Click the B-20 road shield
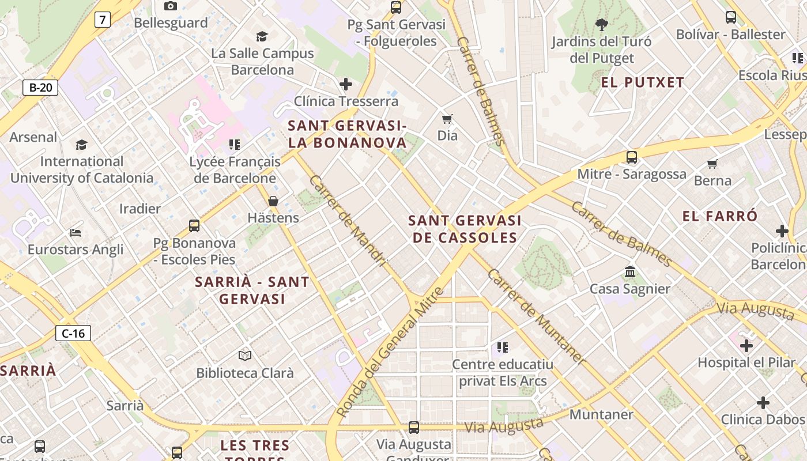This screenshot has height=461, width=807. click(40, 88)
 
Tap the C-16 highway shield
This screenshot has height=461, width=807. click(73, 332)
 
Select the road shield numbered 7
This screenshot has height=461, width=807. click(102, 20)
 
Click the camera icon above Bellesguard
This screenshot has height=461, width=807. click(171, 6)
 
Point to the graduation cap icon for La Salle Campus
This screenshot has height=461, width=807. click(262, 37)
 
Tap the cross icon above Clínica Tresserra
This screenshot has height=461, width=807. click(346, 84)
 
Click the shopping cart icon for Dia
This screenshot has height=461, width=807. click(447, 119)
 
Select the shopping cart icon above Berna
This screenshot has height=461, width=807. click(712, 164)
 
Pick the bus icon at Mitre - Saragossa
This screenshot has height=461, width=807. click(632, 157)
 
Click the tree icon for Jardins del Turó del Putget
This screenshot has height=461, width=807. click(602, 25)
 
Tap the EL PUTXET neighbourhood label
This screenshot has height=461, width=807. click(643, 82)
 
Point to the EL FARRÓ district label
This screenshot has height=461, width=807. click(720, 217)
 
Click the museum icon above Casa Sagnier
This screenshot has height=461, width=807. click(630, 272)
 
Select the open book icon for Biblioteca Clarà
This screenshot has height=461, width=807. click(245, 356)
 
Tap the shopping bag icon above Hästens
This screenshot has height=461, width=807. click(273, 201)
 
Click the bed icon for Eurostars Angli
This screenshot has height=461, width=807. click(76, 233)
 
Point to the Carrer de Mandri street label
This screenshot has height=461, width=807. click(347, 221)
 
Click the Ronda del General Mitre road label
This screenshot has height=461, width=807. click(390, 352)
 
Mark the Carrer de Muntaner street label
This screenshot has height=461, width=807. click(536, 316)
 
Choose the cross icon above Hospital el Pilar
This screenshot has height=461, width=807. click(746, 346)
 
